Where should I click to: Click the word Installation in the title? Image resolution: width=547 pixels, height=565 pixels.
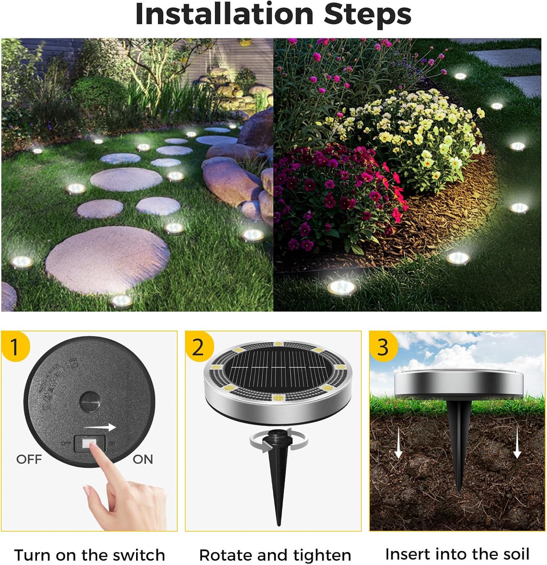224,14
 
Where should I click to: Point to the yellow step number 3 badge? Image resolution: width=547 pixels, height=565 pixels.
383,347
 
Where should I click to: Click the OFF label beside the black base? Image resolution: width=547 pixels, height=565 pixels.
29,460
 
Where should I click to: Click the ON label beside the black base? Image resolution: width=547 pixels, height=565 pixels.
143,460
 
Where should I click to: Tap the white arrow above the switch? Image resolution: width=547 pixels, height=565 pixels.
100,427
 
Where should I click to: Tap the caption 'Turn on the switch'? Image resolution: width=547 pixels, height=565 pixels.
89,555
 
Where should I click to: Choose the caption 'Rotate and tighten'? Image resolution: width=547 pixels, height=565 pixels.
275,555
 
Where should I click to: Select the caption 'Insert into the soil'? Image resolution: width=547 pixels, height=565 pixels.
457,554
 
